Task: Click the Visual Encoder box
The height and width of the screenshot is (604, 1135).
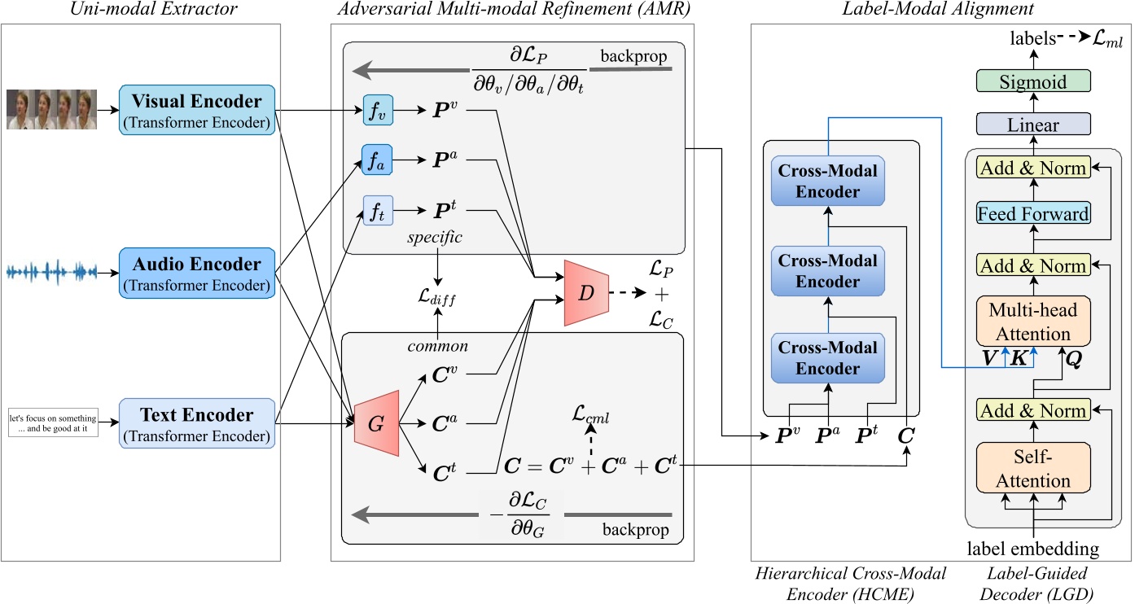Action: (197, 109)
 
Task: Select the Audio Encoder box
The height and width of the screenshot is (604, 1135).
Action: (197, 273)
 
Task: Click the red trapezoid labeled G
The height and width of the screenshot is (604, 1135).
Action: (375, 422)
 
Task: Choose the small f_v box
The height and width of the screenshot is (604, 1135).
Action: (379, 110)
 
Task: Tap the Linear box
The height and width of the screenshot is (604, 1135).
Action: (1033, 126)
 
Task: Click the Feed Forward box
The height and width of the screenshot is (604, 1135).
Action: (1033, 214)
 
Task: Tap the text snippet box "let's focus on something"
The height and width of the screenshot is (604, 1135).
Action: (53, 421)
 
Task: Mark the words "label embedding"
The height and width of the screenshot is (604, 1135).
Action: (1033, 549)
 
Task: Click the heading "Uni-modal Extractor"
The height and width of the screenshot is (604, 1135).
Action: (141, 10)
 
